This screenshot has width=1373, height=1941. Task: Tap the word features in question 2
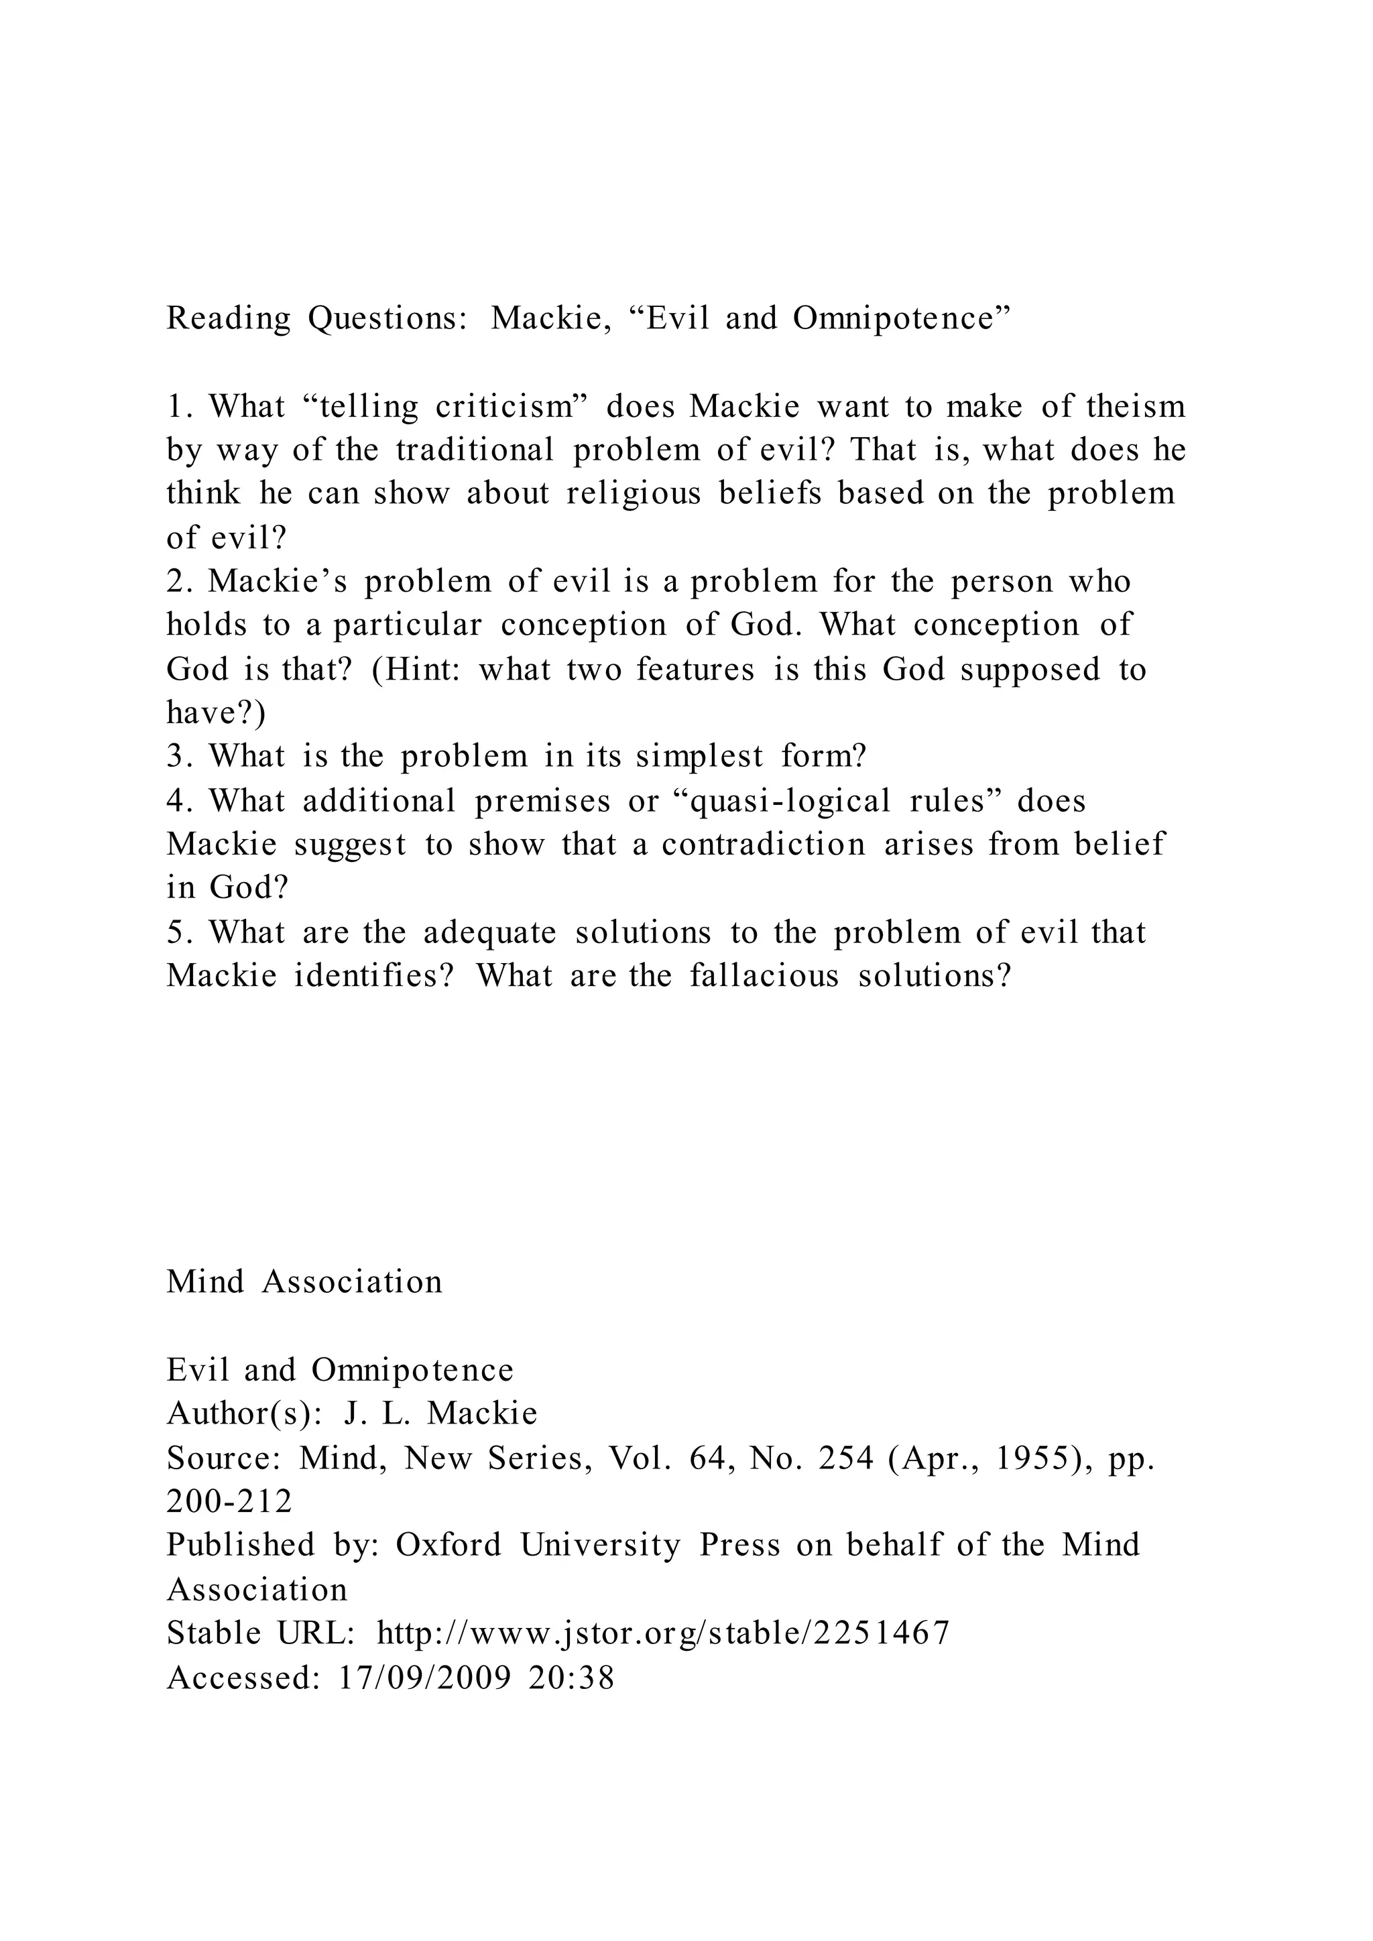(x=695, y=670)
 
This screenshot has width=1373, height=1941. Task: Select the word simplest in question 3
(x=699, y=756)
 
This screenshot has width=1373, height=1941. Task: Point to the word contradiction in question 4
(x=764, y=844)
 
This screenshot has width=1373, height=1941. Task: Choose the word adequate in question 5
(x=489, y=932)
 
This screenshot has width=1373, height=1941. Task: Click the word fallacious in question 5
(x=764, y=976)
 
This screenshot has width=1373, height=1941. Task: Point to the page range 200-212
(x=229, y=1502)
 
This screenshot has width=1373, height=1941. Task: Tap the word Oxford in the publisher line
(x=448, y=1546)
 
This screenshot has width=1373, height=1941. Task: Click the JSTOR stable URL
(x=664, y=1633)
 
